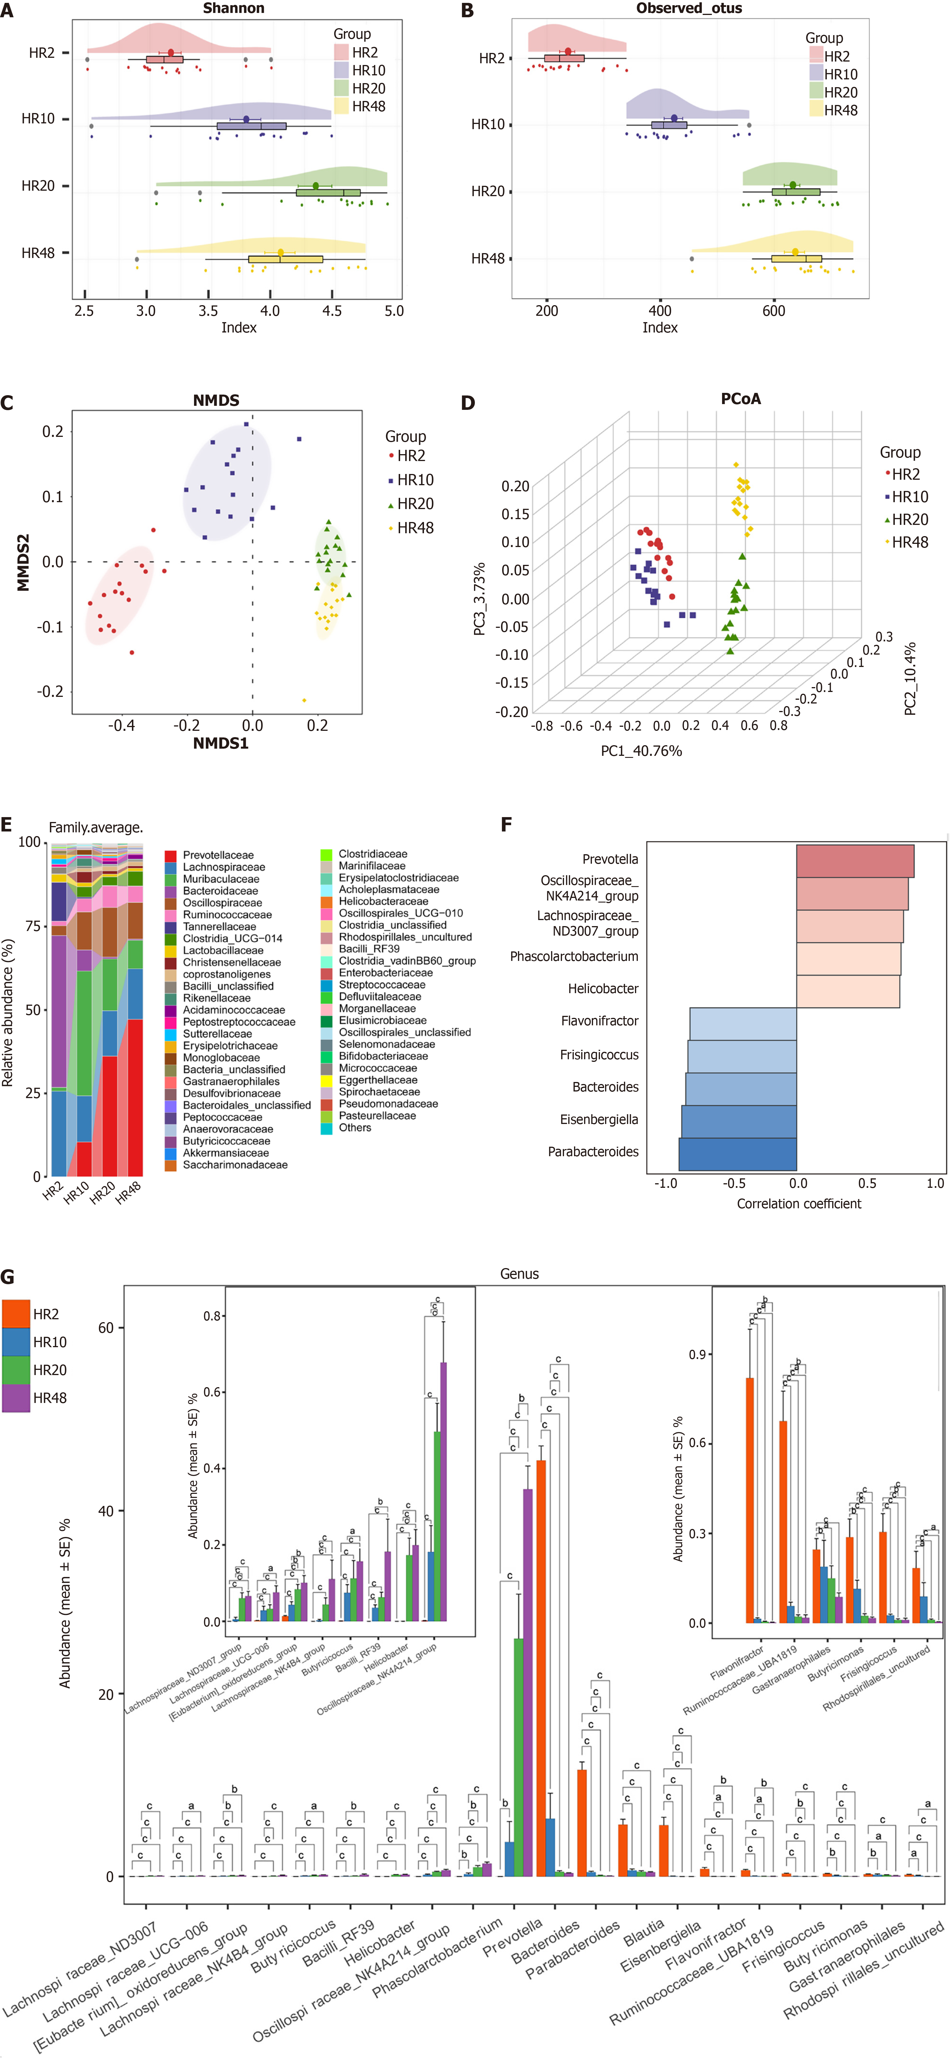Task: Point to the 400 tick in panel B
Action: point(660,311)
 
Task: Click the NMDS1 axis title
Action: point(220,743)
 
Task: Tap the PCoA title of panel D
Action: point(741,399)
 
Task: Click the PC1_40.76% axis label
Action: point(642,751)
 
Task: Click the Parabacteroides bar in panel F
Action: point(738,1153)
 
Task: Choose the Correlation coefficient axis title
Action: point(799,1204)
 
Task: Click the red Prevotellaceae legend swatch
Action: point(170,855)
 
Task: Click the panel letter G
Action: point(8,1276)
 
